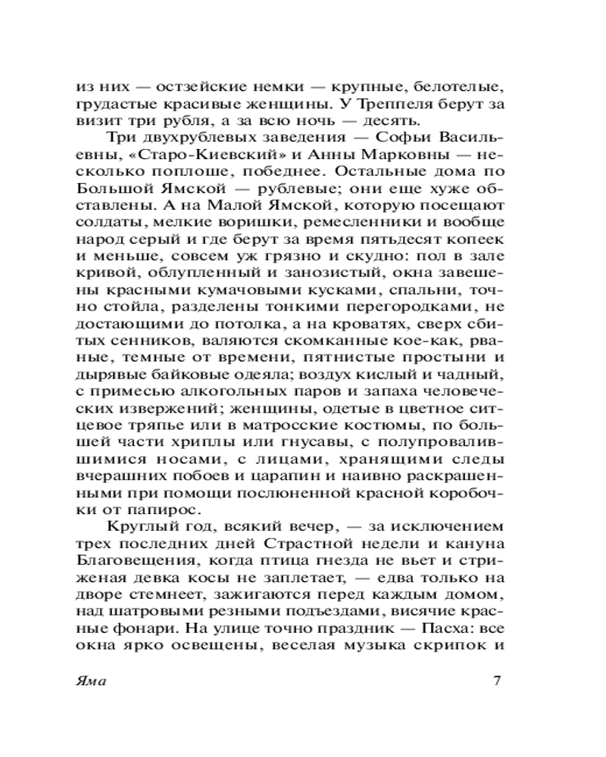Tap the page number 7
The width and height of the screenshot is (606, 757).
click(x=497, y=679)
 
